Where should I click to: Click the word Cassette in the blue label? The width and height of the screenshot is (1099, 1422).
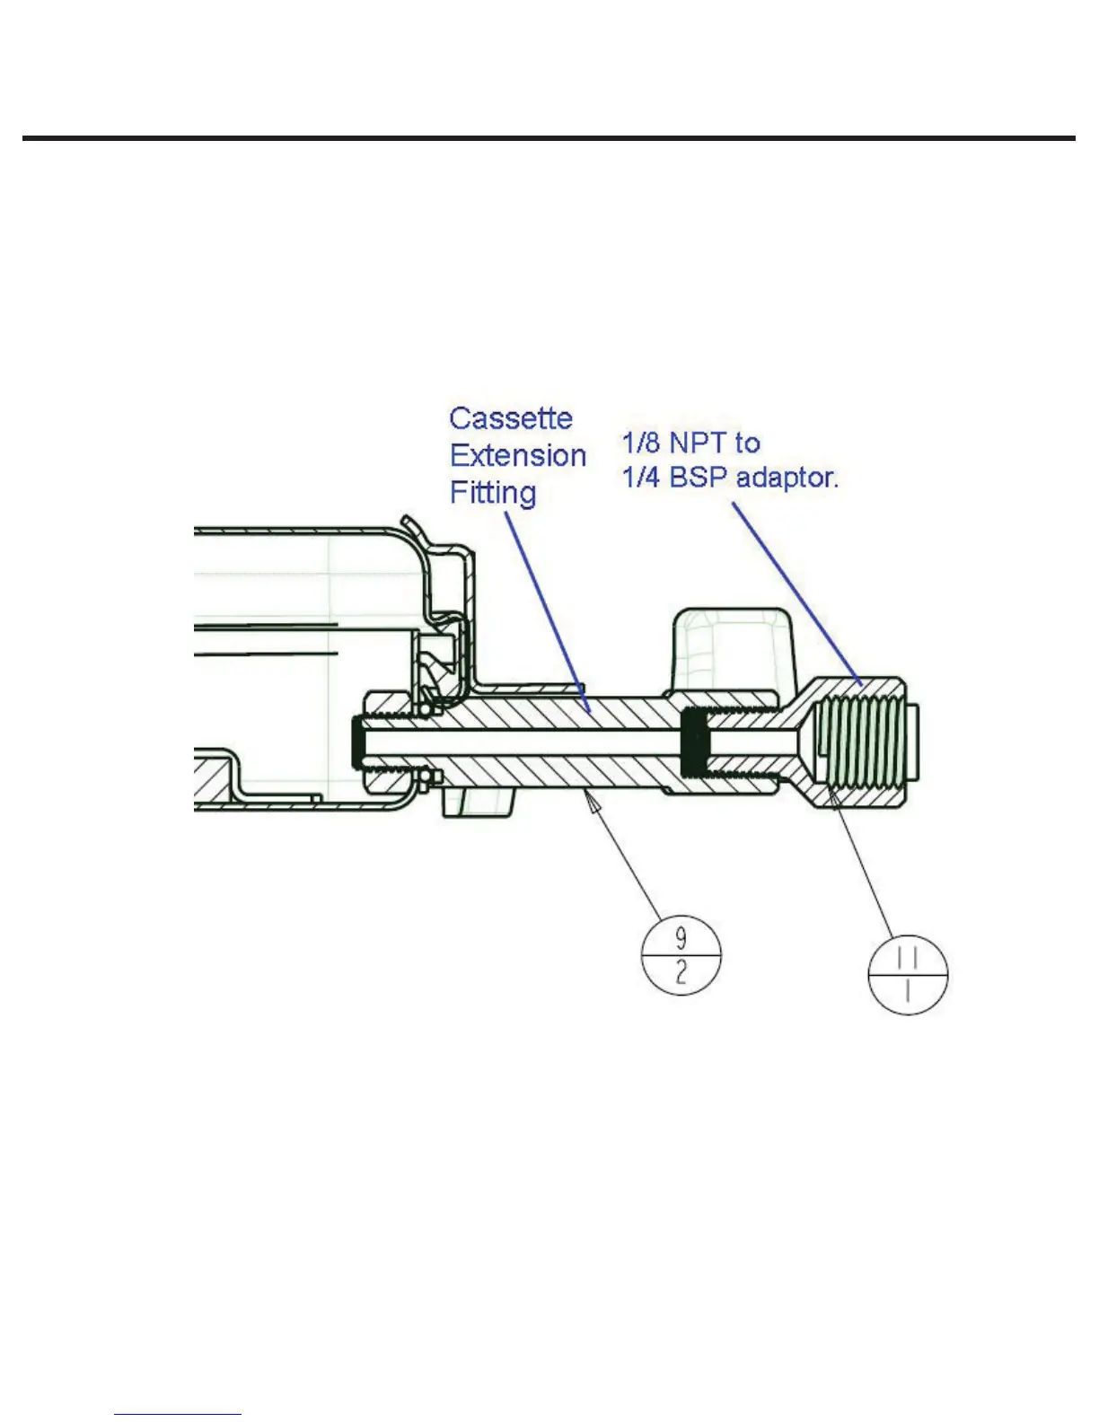(x=510, y=419)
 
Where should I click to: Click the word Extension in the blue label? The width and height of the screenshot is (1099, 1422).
(x=518, y=456)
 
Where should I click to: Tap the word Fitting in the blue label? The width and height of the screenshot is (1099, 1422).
(x=493, y=493)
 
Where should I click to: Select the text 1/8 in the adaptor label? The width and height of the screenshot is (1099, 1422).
(x=641, y=443)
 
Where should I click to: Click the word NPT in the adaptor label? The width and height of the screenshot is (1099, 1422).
(x=701, y=443)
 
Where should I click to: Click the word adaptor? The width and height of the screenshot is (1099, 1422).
(x=787, y=478)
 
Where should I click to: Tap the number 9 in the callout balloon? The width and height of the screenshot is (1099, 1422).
(x=681, y=938)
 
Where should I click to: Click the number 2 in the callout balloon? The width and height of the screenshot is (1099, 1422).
(x=681, y=971)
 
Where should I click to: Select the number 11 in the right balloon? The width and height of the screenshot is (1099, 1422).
(x=908, y=959)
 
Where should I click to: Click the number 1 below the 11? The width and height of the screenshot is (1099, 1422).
(x=908, y=991)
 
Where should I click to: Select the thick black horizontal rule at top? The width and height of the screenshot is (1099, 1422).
(x=549, y=138)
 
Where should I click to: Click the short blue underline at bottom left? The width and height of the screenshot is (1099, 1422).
(x=178, y=1414)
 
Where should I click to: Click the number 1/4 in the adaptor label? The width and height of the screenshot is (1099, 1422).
(x=641, y=478)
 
